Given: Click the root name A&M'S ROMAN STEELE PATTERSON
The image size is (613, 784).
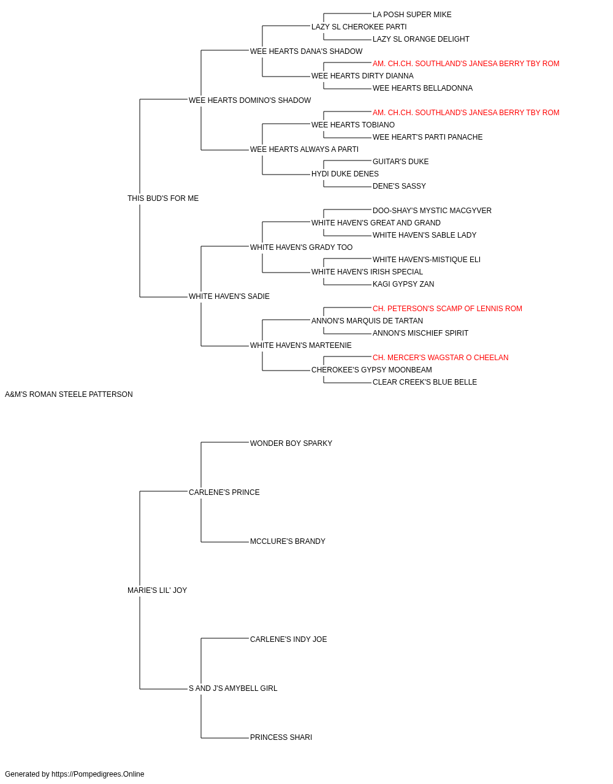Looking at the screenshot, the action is click(x=69, y=394).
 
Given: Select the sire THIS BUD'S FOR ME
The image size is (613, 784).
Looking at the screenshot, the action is click(x=163, y=198).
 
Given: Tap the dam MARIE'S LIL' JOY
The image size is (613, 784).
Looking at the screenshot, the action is click(x=157, y=590).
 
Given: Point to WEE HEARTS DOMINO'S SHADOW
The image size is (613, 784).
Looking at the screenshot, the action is click(x=249, y=100).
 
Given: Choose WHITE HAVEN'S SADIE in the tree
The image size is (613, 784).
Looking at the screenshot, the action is click(x=229, y=296).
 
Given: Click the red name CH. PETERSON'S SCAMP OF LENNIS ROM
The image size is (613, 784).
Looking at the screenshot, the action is click(x=447, y=309).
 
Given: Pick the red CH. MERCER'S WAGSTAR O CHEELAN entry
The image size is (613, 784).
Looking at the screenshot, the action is click(x=440, y=358).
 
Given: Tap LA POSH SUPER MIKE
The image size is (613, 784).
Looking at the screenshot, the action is click(x=412, y=15).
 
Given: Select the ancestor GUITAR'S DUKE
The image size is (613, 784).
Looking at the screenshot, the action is click(x=400, y=162).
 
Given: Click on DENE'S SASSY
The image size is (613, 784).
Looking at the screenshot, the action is click(x=399, y=186).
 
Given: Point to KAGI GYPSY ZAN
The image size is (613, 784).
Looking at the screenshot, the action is click(x=403, y=284).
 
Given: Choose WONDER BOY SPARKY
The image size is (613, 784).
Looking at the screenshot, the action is click(x=291, y=443).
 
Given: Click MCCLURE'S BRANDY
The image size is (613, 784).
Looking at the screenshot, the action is click(x=287, y=541).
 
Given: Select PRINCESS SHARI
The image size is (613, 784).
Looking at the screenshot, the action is click(x=281, y=737).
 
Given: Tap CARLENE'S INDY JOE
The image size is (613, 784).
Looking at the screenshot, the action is click(x=288, y=639).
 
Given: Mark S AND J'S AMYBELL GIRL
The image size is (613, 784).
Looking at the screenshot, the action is click(x=233, y=688).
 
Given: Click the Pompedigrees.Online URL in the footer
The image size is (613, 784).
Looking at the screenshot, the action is click(x=97, y=774).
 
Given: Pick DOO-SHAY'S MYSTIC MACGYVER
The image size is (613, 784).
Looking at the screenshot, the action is click(x=432, y=211).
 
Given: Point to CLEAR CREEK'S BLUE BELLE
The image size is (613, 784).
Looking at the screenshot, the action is click(x=425, y=382).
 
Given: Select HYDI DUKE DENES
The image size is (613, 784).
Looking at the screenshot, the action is click(x=345, y=174).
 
